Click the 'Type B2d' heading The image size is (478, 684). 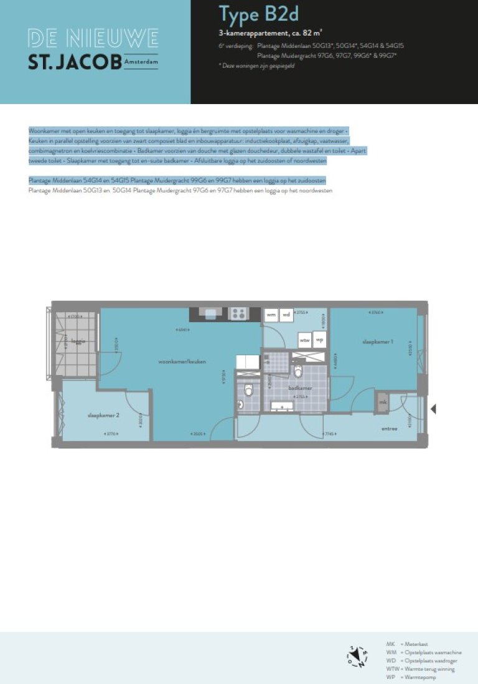coord(255,14)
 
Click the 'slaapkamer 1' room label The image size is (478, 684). coord(378,341)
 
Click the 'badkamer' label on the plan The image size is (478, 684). coord(300,387)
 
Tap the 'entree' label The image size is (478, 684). coord(390,429)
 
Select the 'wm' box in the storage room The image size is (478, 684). coord(271,315)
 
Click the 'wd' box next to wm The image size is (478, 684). coord(286,315)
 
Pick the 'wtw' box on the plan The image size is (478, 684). coord(304,341)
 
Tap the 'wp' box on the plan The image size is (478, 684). coord(319,341)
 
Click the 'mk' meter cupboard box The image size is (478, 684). coord(383,403)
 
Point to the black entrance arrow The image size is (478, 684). coord(433,409)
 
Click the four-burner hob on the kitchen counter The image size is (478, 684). coord(238,314)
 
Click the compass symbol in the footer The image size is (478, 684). coord(357,657)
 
